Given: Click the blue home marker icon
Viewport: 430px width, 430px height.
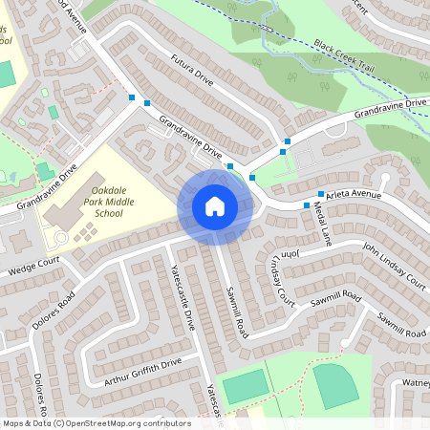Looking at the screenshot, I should coord(215,205).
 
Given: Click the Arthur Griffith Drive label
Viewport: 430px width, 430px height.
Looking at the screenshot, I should coord(143,372).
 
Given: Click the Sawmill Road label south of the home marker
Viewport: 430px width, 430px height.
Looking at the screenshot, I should coord(236,311).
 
